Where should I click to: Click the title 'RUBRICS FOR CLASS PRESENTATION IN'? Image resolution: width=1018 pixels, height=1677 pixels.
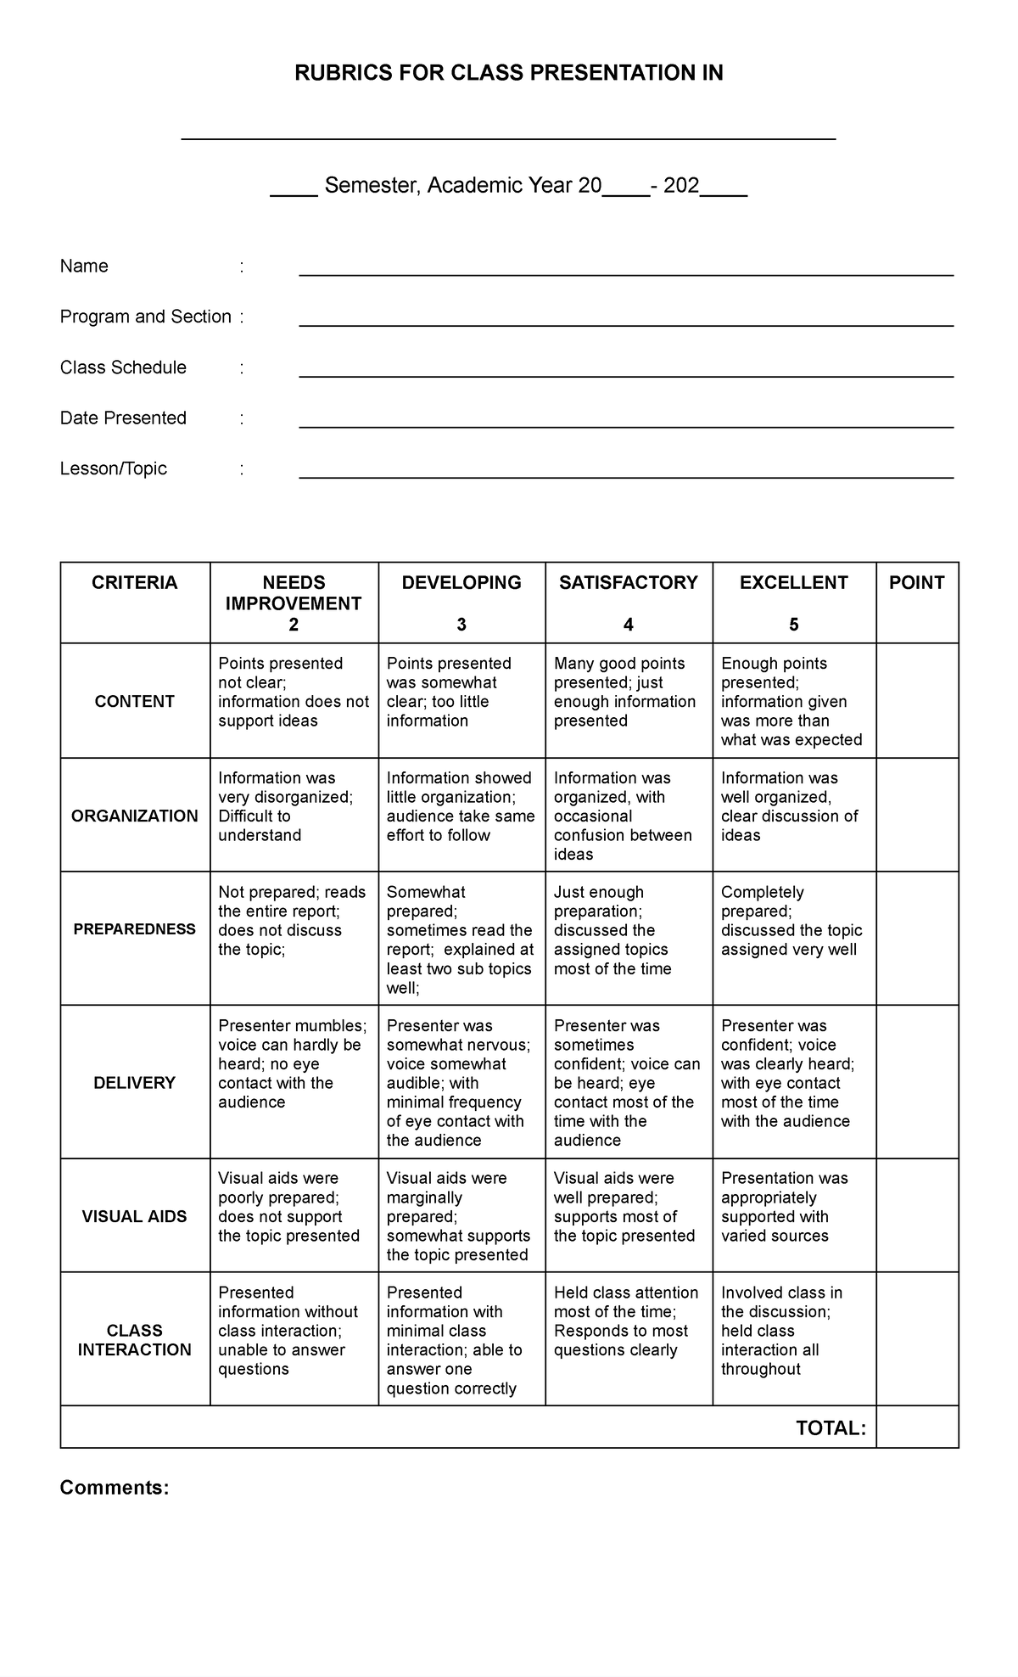click(508, 74)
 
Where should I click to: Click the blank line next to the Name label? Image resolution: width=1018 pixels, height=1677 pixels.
click(626, 271)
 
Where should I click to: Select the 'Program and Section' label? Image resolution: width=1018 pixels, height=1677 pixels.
click(145, 317)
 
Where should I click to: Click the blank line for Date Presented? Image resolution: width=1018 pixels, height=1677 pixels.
click(626, 423)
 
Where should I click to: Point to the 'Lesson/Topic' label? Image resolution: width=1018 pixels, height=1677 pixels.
click(113, 468)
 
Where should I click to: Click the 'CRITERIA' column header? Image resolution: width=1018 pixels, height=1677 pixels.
click(135, 583)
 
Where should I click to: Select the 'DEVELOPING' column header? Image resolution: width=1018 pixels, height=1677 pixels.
click(461, 583)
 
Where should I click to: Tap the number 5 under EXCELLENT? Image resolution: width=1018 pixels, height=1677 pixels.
click(793, 625)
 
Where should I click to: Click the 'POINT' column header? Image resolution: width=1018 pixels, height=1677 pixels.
click(916, 583)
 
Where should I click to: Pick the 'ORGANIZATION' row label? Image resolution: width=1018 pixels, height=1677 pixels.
click(135, 816)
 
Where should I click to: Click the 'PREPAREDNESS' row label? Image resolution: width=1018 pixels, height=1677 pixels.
click(135, 929)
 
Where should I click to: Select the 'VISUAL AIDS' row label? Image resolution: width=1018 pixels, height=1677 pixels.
click(135, 1216)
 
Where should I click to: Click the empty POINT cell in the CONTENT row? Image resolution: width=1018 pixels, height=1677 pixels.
click(917, 701)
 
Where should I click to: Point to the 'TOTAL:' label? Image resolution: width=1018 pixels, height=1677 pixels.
click(831, 1428)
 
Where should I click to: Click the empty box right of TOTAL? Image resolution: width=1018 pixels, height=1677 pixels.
click(917, 1427)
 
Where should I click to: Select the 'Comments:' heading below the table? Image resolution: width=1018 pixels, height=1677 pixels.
click(115, 1488)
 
